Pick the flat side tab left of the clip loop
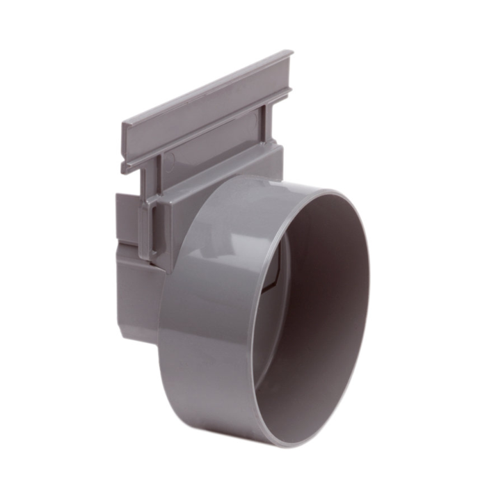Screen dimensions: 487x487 pos(127,216)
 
